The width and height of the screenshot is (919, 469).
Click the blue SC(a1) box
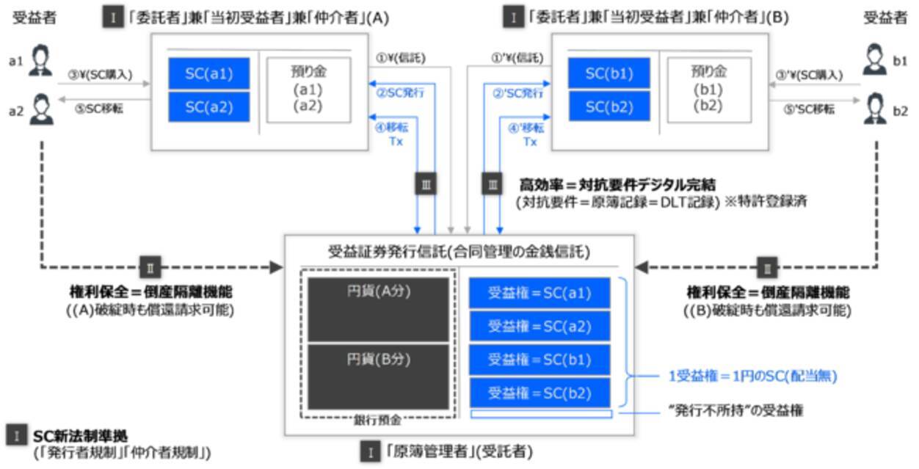coord(208,73)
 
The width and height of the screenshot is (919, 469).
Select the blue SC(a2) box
coord(208,106)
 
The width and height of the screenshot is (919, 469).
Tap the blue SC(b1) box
coord(609,73)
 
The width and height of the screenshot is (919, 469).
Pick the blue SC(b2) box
coord(609,106)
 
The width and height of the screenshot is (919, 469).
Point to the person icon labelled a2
coord(40,110)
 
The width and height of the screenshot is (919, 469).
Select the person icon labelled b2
coord(874,110)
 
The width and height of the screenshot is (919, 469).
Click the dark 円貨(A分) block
coord(378,308)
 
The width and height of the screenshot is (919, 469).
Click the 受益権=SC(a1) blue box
coord(540,293)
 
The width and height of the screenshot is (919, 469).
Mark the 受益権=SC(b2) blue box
coord(540,393)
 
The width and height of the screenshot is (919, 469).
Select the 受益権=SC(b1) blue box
coord(540,360)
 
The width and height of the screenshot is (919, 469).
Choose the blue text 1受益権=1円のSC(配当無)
coord(753,377)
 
